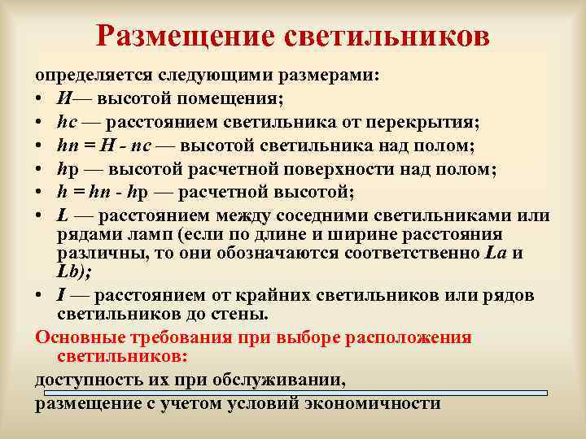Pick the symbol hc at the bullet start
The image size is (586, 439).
(x=66, y=123)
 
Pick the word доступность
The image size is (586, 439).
(x=86, y=380)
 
